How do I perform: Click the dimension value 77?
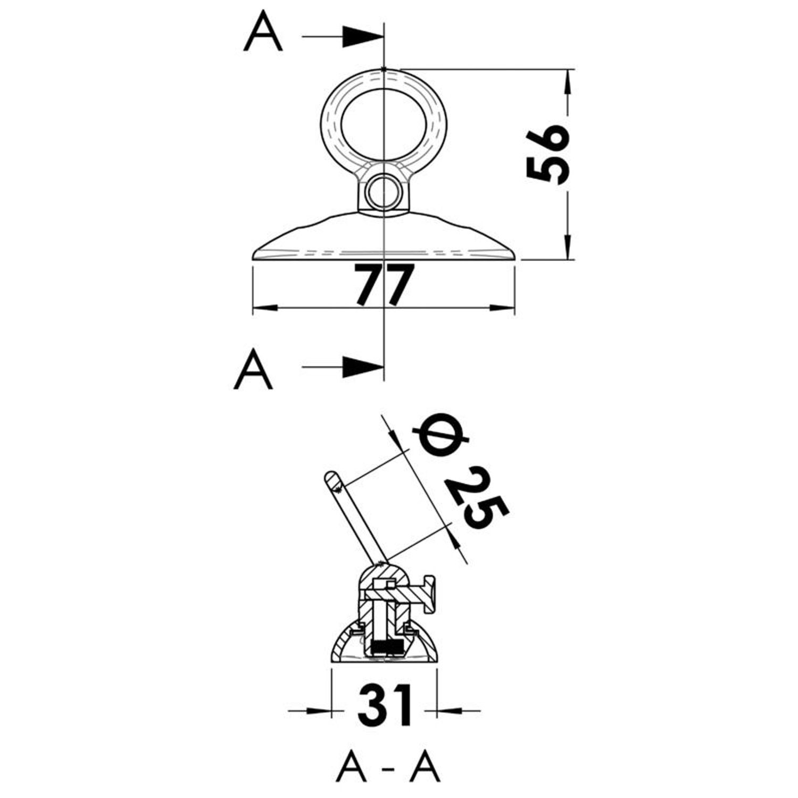[x=384, y=285]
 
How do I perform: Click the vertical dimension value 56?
[x=547, y=154]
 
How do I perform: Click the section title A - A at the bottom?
[x=388, y=768]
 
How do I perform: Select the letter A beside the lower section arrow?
[x=253, y=369]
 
